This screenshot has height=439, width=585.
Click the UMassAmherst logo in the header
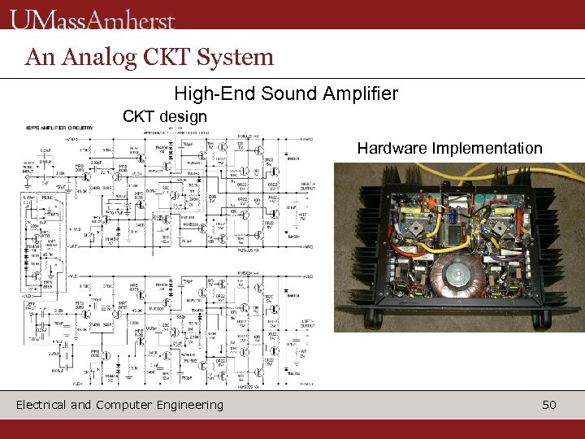coord(93,17)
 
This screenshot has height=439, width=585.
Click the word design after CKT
coord(184,116)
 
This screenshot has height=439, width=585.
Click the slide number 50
coord(549,404)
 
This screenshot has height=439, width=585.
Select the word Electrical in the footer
coord(45,404)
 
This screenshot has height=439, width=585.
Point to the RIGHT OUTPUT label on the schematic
coord(308,188)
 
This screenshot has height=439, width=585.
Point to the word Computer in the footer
coord(121,404)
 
